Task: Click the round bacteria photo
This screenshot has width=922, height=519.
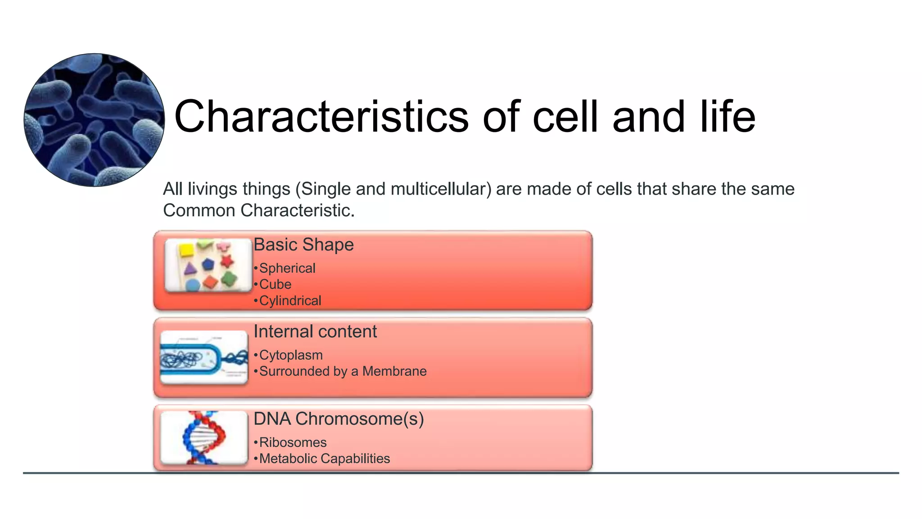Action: [94, 120]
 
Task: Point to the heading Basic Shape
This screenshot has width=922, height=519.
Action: [303, 245]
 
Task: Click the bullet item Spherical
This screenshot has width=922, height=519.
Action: [287, 268]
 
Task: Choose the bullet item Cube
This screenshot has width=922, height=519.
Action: [275, 284]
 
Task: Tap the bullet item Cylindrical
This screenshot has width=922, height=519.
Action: [290, 300]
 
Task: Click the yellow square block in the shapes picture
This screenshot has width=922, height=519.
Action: [185, 250]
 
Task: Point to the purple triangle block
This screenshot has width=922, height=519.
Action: [190, 269]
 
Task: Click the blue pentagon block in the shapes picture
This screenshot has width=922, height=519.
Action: [208, 264]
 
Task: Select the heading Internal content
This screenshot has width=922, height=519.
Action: [315, 332]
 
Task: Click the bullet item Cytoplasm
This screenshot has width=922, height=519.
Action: [291, 355]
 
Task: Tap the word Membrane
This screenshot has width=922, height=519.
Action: [394, 371]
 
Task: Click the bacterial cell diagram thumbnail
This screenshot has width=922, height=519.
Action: [204, 358]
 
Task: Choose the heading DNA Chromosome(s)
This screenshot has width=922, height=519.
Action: [339, 419]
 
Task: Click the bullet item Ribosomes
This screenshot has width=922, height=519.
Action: [293, 442]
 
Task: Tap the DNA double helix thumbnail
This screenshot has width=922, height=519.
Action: [204, 437]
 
